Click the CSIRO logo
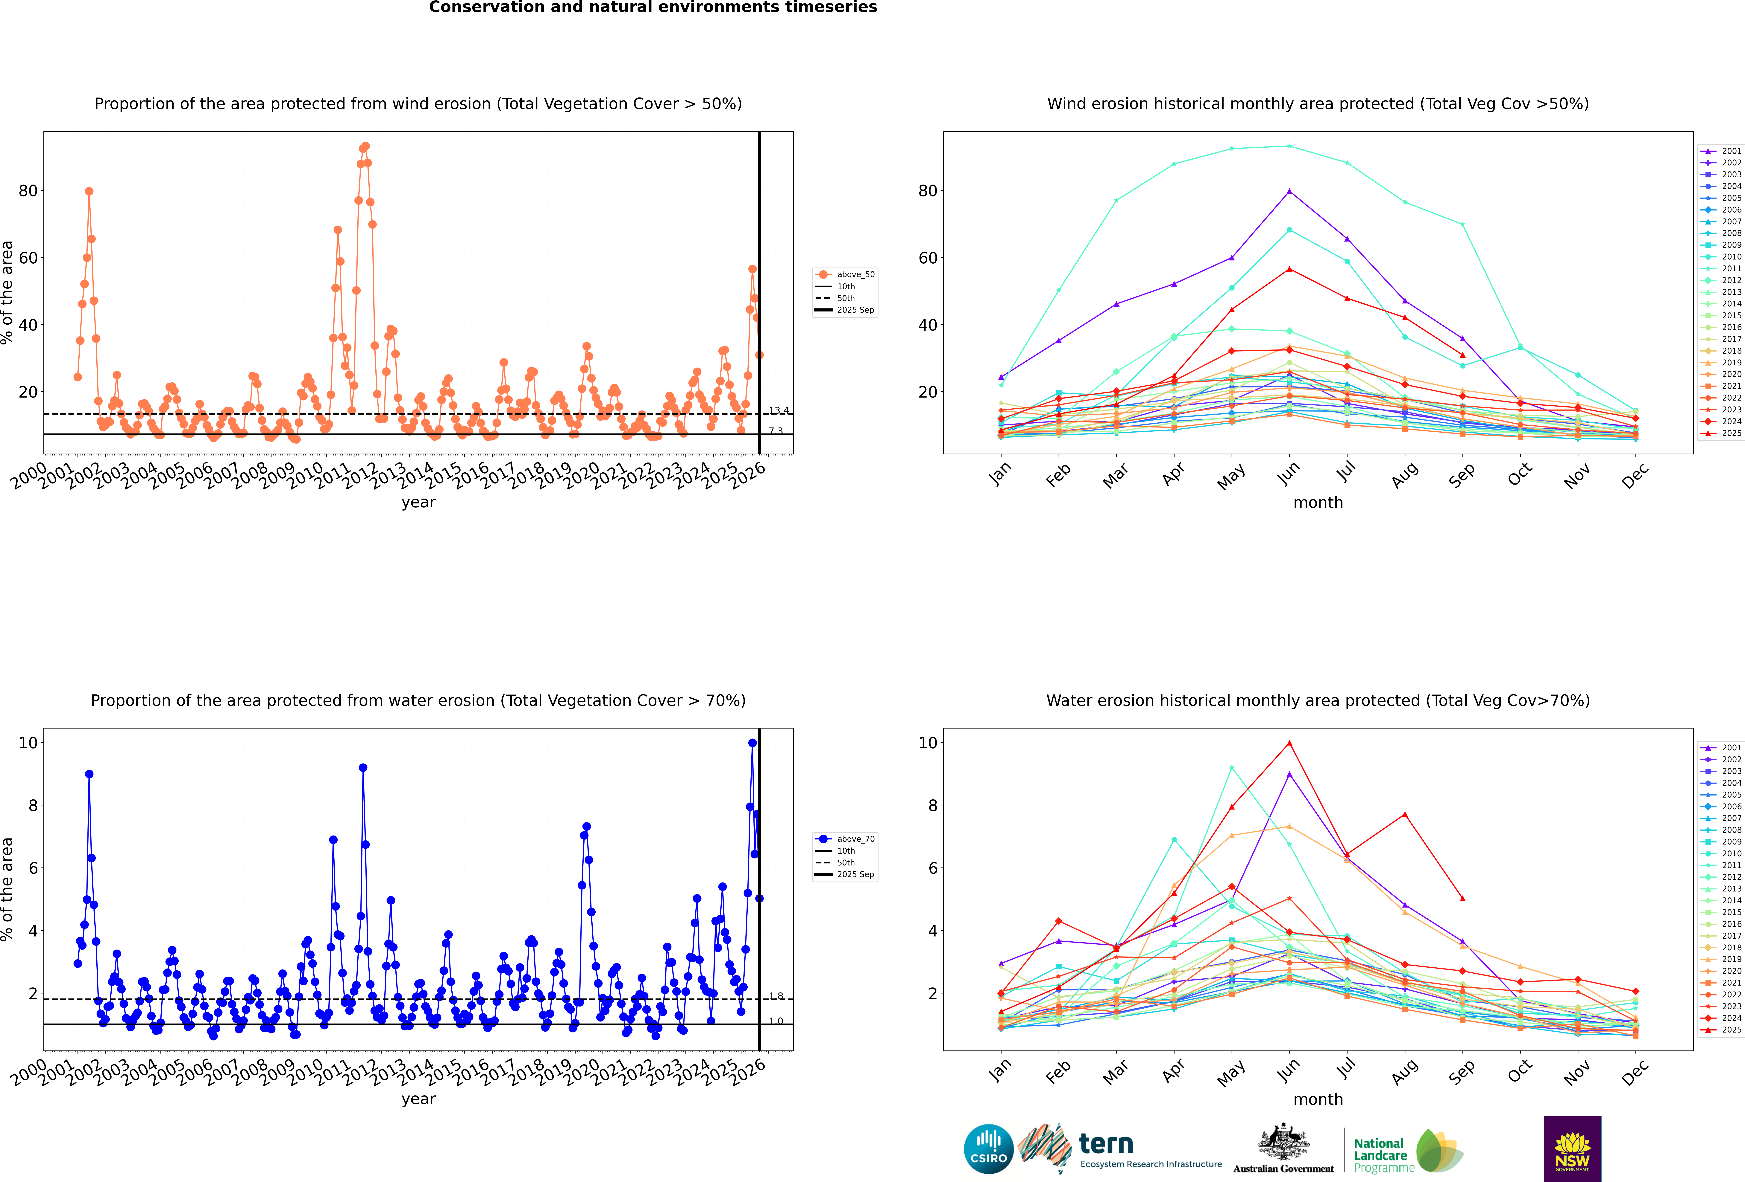988,1149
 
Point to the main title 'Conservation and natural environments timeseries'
653,7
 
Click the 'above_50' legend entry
855,275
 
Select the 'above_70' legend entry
855,839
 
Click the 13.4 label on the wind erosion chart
778,410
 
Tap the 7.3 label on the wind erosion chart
775,431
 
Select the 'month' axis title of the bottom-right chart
1318,1099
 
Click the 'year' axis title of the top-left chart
418,502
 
